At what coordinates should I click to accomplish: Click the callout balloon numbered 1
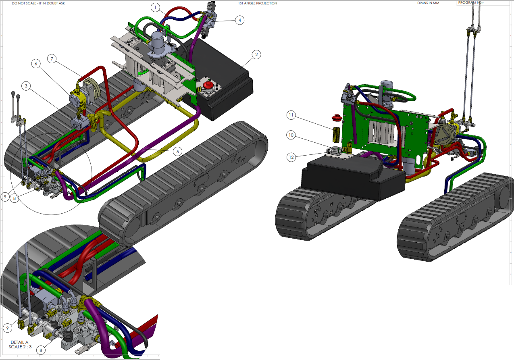pos(155,7)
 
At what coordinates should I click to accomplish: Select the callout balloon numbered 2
pos(256,54)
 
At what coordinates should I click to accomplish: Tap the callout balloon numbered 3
pos(26,86)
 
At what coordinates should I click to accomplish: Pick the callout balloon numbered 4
pos(240,20)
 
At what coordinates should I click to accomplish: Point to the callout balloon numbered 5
pos(177,152)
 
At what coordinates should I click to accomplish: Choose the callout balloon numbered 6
pos(36,64)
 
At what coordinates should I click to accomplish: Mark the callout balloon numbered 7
pos(52,59)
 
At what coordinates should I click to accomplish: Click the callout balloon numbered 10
pos(291,135)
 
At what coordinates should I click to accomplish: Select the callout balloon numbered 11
pos(291,115)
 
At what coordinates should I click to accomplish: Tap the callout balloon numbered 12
pos(291,157)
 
